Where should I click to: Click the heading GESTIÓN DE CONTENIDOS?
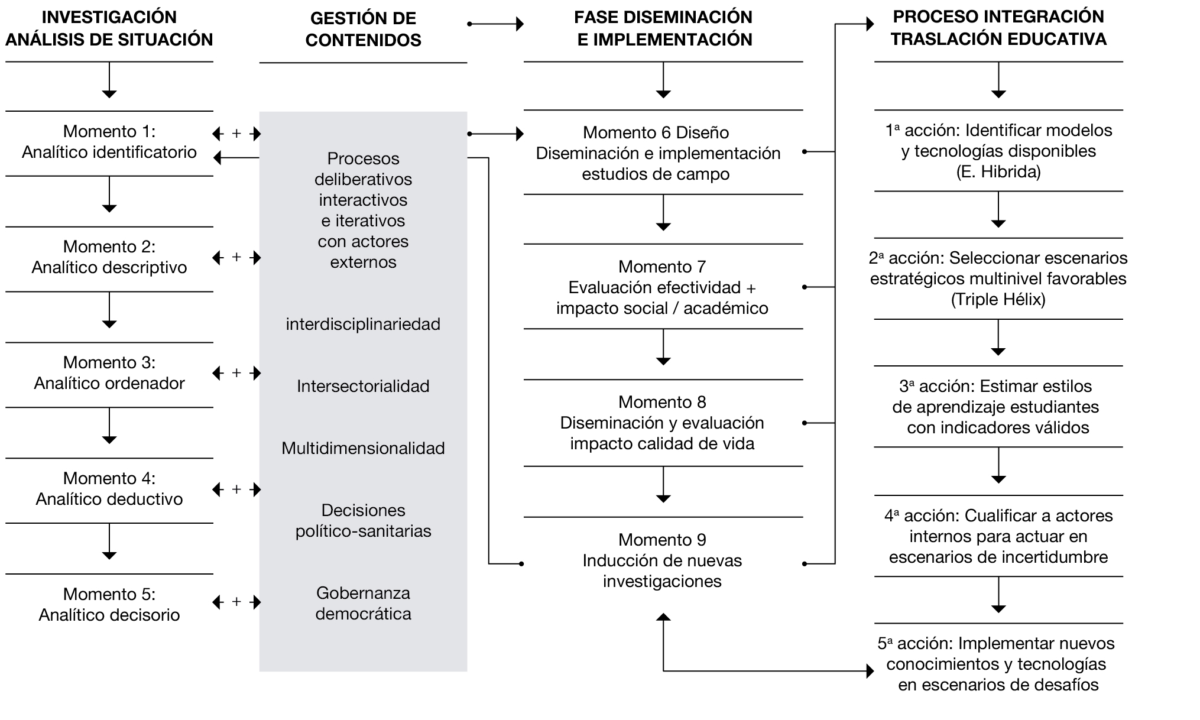tap(363, 29)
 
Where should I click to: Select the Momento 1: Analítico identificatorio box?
tap(109, 142)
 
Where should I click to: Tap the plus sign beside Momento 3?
tap(236, 373)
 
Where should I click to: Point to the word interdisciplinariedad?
tap(363, 324)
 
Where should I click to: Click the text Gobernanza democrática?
tap(363, 603)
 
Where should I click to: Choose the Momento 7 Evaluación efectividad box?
tap(662, 287)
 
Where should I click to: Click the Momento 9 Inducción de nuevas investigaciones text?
tap(662, 560)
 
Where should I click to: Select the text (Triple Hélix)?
tap(998, 299)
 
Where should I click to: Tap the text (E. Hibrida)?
tap(998, 172)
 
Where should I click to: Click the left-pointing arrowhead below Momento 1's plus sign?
tap(218, 158)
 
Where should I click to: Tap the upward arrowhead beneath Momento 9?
tap(663, 617)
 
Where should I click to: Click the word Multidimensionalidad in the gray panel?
tap(363, 448)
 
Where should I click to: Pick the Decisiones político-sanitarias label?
tap(363, 520)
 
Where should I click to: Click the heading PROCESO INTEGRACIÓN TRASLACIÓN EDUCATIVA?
tap(998, 28)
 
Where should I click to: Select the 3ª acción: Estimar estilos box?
tap(998, 407)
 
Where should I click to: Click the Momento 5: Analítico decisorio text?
tap(109, 604)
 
